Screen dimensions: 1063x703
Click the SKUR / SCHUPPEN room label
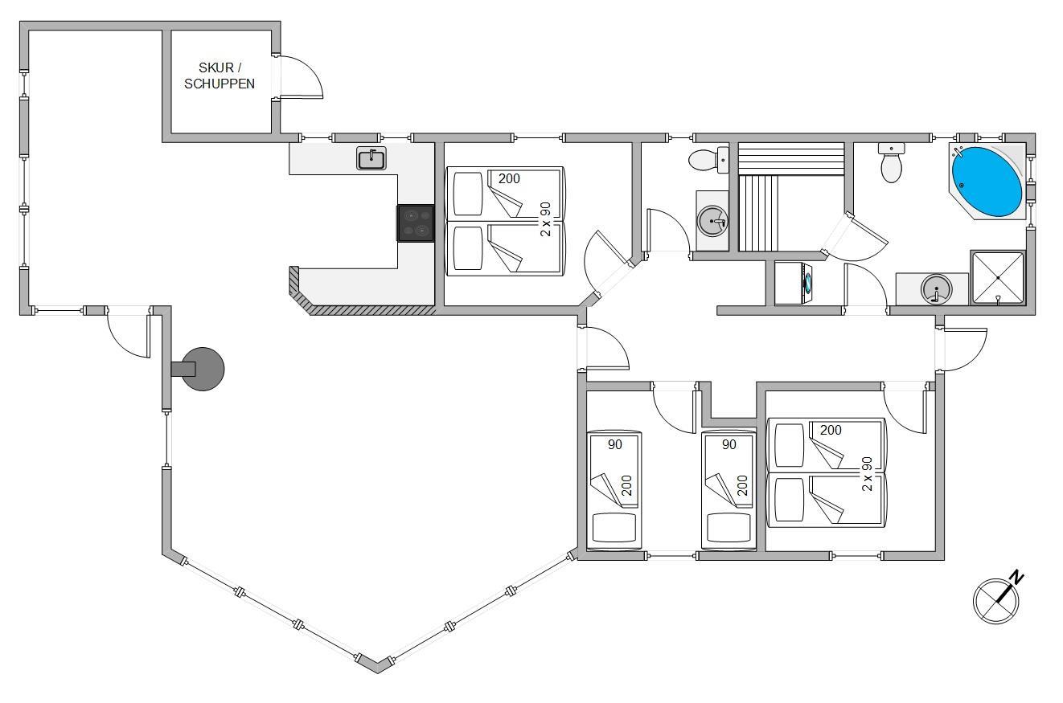pyautogui.click(x=220, y=76)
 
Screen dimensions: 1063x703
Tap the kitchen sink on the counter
pyautogui.click(x=371, y=158)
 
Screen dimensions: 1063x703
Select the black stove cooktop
pyautogui.click(x=416, y=223)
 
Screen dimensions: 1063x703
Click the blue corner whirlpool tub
pyautogui.click(x=987, y=182)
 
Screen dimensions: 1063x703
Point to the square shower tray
pyautogui.click(x=998, y=277)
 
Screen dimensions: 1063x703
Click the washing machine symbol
pyautogui.click(x=794, y=284)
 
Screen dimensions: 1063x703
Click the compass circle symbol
pyautogui.click(x=995, y=601)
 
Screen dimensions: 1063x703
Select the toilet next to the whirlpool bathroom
pyautogui.click(x=891, y=162)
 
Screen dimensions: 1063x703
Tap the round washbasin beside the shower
pyautogui.click(x=936, y=289)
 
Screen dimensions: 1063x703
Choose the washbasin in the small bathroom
pyautogui.click(x=712, y=221)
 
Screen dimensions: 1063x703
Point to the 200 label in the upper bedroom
pyautogui.click(x=509, y=178)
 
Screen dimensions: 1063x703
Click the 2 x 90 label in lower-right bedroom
pyautogui.click(x=867, y=473)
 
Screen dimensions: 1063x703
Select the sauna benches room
pyautogui.click(x=791, y=197)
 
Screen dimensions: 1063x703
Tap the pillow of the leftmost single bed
pyautogui.click(x=614, y=527)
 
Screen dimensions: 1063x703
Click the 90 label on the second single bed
pyautogui.click(x=729, y=444)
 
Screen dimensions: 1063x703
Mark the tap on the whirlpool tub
pyautogui.click(x=958, y=152)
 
